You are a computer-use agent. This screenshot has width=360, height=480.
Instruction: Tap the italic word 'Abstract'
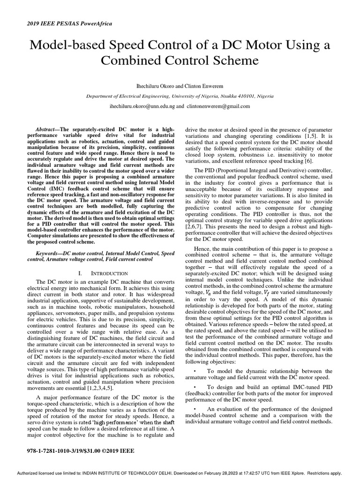[46, 129]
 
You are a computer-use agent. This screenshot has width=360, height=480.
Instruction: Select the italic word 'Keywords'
[49, 253]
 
